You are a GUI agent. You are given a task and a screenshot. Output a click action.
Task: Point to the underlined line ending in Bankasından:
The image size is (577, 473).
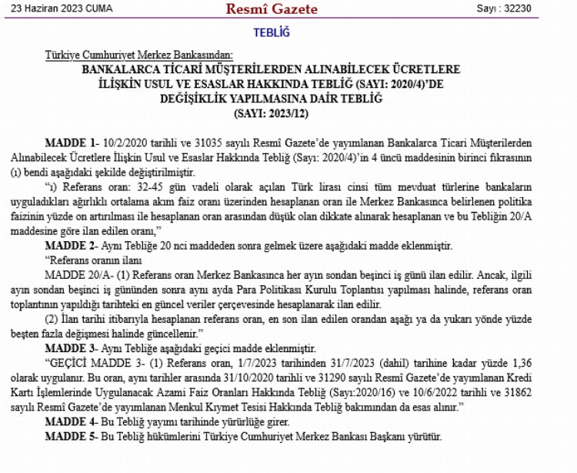click(x=144, y=55)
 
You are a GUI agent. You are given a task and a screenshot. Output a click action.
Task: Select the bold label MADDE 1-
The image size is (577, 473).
click(x=72, y=144)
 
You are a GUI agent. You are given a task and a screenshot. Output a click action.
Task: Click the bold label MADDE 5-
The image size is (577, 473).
click(x=72, y=436)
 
